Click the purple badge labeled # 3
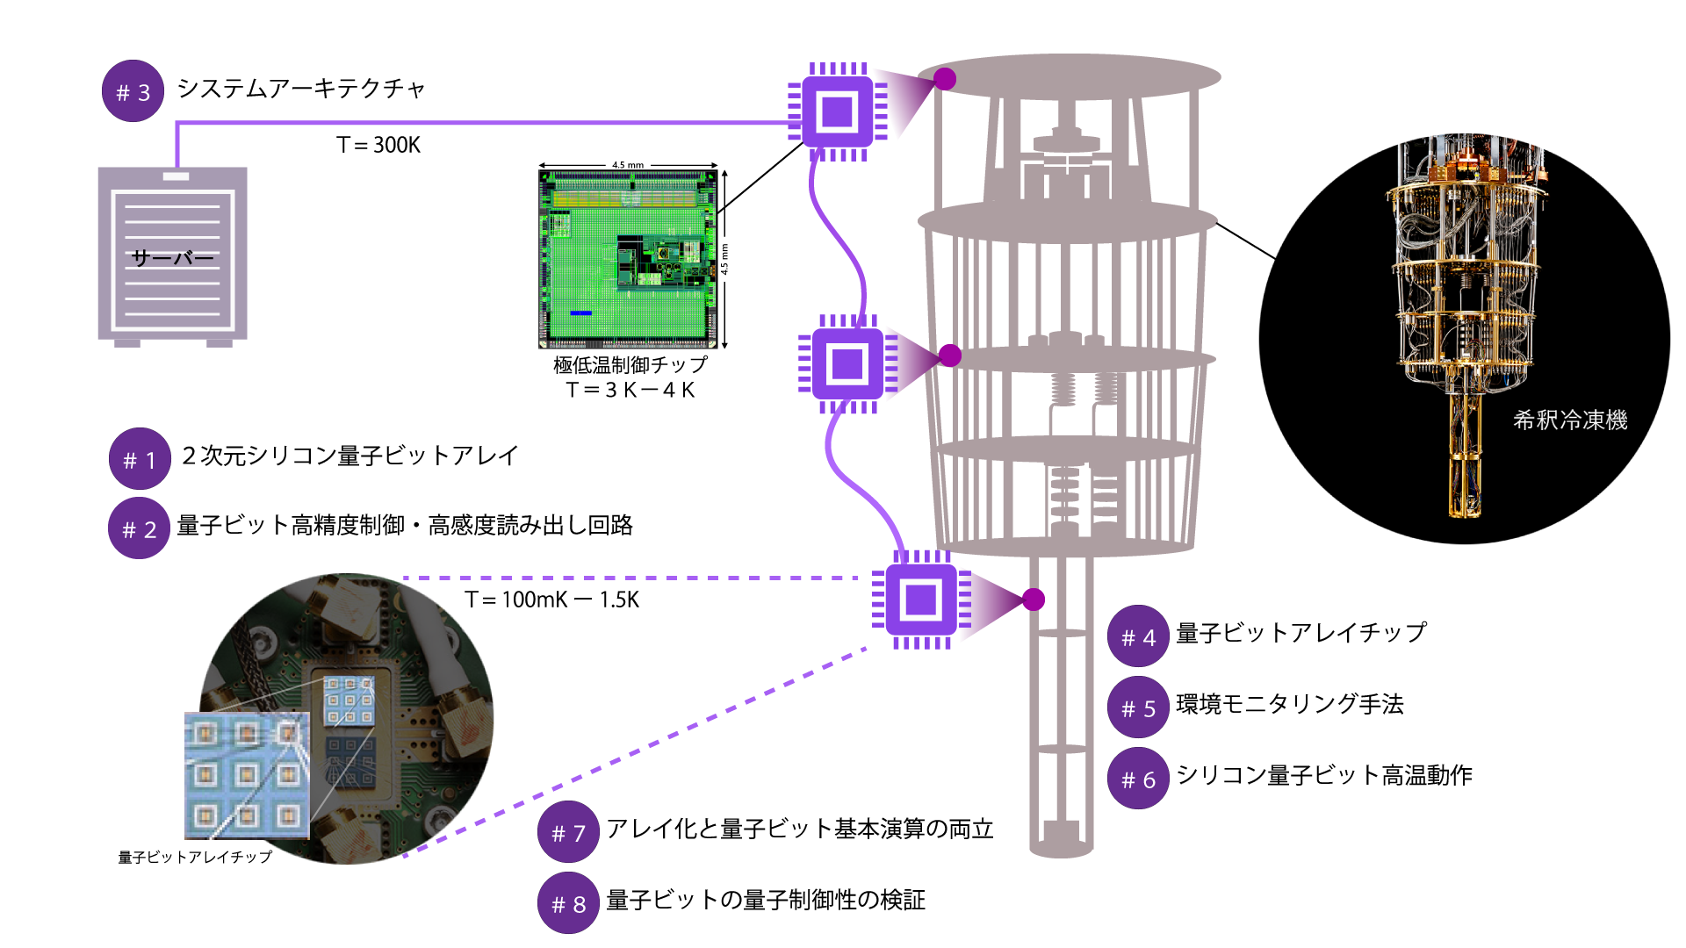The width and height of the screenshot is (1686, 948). point(133,91)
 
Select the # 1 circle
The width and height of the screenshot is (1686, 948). point(140,459)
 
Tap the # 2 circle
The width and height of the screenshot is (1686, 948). point(139,528)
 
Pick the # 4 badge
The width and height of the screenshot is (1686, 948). point(1138,636)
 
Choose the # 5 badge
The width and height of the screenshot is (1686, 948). point(1138,707)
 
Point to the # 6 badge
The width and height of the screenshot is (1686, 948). point(1138,779)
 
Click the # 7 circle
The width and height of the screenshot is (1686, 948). point(568,832)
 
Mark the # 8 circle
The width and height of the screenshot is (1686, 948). point(568,903)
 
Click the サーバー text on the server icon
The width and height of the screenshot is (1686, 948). point(173,258)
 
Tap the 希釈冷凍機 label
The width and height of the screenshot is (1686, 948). point(1570,420)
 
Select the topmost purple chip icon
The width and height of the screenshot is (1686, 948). point(837,111)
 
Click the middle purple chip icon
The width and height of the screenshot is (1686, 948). point(847,363)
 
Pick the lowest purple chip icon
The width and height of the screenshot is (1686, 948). point(920,600)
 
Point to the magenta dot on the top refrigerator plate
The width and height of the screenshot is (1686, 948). point(945,79)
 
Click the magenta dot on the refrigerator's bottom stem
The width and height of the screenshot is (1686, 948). point(1034,600)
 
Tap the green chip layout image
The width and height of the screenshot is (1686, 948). point(627,259)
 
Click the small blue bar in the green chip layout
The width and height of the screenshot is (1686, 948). point(581,312)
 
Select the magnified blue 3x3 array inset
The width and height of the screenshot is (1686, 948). point(247,775)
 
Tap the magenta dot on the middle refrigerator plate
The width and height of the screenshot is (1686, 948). point(950,355)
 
